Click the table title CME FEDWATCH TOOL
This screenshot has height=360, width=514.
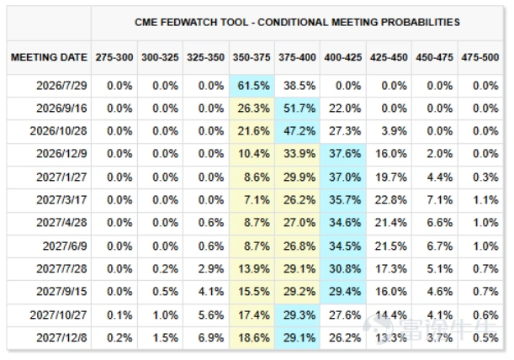pos(192,23)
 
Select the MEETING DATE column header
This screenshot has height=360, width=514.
pos(49,57)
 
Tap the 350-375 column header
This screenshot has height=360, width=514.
pos(252,57)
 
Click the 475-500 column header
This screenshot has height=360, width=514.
pos(480,57)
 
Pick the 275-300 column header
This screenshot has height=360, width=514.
pos(114,57)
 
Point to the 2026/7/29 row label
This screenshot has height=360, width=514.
pos(61,86)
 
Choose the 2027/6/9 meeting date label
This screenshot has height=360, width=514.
pos(65,246)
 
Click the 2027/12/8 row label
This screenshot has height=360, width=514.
pos(61,337)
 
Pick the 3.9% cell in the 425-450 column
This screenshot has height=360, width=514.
pos(394,131)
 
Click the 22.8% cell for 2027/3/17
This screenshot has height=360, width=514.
pos(391,199)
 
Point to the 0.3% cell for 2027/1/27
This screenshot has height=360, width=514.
pos(485,177)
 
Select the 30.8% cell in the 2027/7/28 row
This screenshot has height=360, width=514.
pos(345,268)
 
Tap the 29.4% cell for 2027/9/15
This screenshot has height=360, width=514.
pos(345,291)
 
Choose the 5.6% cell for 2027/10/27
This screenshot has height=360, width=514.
pos(211,315)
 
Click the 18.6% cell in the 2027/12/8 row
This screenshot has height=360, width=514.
pos(254,337)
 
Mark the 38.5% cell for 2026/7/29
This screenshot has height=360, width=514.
pos(299,86)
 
